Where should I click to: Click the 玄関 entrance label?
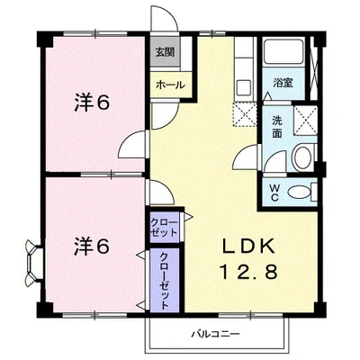click(165, 52)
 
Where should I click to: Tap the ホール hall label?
click(170, 85)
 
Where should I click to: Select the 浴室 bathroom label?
click(283, 83)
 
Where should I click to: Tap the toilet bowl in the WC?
click(300, 192)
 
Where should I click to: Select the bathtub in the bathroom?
click(283, 51)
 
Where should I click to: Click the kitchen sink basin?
click(244, 87)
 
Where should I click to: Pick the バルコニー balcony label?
click(216, 334)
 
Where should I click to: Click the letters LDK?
click(248, 246)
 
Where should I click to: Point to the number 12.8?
click(248, 272)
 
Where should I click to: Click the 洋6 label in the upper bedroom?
click(92, 103)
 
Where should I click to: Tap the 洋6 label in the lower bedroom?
click(92, 247)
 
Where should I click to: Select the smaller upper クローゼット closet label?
click(164, 228)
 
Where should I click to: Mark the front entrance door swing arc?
click(164, 15)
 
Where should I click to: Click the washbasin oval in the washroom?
click(302, 157)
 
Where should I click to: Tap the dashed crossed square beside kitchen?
click(245, 114)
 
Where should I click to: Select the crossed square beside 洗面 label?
click(305, 121)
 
